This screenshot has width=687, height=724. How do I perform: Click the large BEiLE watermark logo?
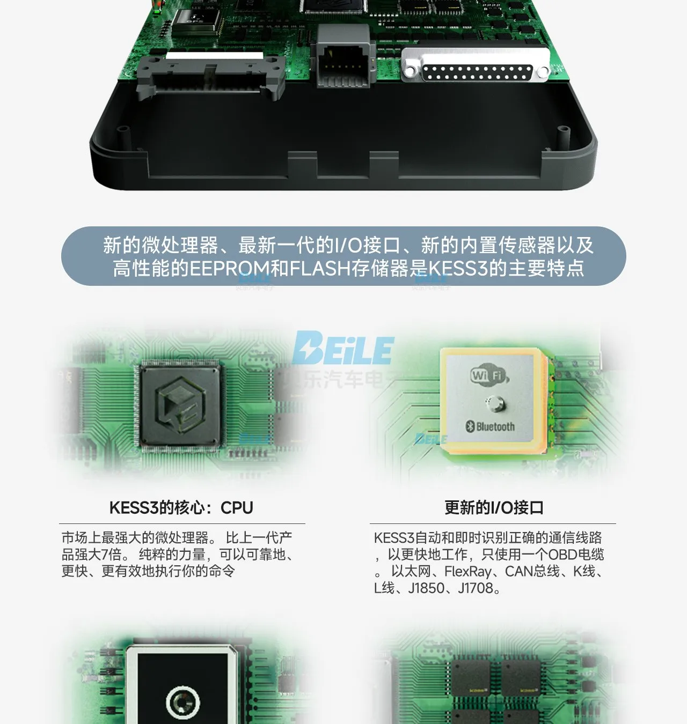[x=343, y=349]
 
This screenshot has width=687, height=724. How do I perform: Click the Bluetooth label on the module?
[x=490, y=426]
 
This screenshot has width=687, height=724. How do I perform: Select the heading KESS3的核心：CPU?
[x=181, y=507]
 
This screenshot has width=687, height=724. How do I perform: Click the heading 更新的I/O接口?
[x=494, y=507]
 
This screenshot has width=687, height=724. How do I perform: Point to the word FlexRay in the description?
[x=467, y=572]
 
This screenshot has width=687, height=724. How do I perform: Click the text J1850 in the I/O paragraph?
[x=427, y=588]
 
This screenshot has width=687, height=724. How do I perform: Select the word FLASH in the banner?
[x=320, y=268]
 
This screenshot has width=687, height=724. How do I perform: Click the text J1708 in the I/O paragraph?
[x=476, y=588]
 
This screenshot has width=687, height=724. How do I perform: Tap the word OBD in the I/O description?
[x=561, y=555]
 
